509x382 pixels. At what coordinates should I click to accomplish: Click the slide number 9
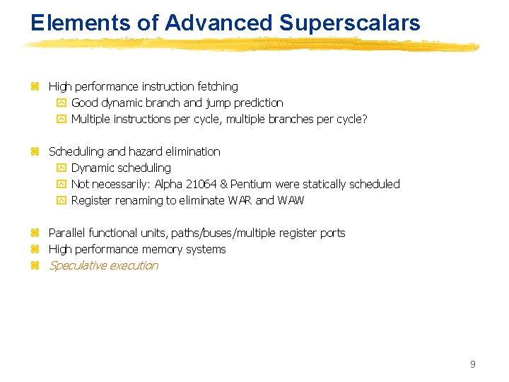tap(472, 364)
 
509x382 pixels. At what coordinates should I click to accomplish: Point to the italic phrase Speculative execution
tap(103, 265)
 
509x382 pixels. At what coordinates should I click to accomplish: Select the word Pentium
tap(250, 184)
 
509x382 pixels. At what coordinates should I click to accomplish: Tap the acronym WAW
tap(291, 200)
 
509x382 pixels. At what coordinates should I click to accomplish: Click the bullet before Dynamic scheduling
tap(60, 168)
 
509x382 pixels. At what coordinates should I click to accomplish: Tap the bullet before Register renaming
tap(60, 201)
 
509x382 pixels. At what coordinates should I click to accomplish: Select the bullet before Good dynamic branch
tap(60, 103)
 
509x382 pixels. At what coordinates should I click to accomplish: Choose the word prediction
tap(259, 103)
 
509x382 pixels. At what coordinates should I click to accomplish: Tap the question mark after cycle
tap(365, 119)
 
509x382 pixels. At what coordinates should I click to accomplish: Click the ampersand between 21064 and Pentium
tap(224, 184)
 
